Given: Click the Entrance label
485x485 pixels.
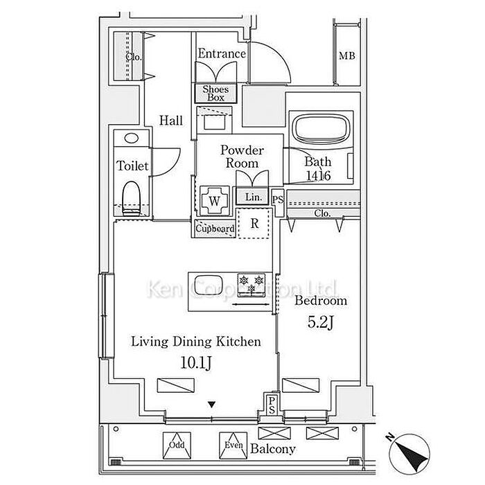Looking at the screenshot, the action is point(222,54).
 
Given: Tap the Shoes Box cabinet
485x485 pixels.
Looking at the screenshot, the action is point(215,93).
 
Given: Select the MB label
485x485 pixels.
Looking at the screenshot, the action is point(346,56).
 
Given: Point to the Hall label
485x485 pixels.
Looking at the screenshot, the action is point(171,121).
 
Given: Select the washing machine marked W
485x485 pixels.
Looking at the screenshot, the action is point(215,201).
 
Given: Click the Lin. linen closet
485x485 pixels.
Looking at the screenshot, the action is point(253,196).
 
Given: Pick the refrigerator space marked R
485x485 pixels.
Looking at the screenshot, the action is point(254,223).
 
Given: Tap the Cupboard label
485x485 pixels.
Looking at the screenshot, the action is point(215,229).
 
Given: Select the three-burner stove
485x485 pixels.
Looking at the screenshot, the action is point(252,285).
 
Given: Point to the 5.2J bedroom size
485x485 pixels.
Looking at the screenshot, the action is point(320,323).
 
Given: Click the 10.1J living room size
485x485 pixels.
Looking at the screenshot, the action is point(196,363).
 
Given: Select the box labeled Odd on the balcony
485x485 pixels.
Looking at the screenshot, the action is point(177,446).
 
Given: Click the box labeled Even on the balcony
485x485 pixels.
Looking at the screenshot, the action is point(233,446).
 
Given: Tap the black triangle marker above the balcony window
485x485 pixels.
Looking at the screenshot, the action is point(211,405).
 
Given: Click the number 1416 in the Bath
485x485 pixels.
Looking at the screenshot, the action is point(318,176).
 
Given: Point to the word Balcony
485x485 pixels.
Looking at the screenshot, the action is point(273,449).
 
